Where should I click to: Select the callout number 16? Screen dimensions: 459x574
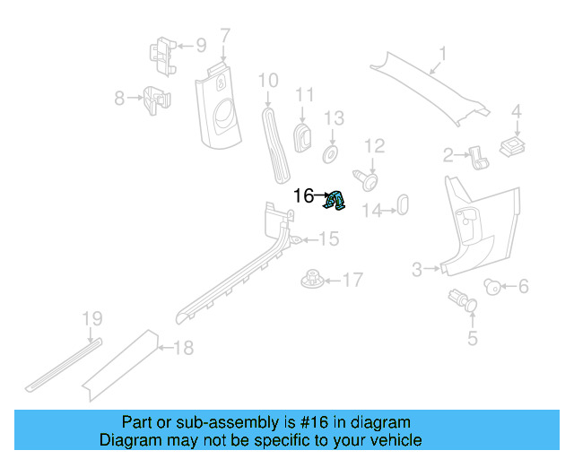304,195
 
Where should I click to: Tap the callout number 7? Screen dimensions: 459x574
225,37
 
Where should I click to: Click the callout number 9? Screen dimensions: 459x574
200,44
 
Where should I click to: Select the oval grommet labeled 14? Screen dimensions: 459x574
403,204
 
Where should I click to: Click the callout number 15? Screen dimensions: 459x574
329,238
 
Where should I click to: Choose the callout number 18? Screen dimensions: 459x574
183,348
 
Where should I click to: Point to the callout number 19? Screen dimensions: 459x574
92,318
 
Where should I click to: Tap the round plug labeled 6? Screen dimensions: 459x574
492,286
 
